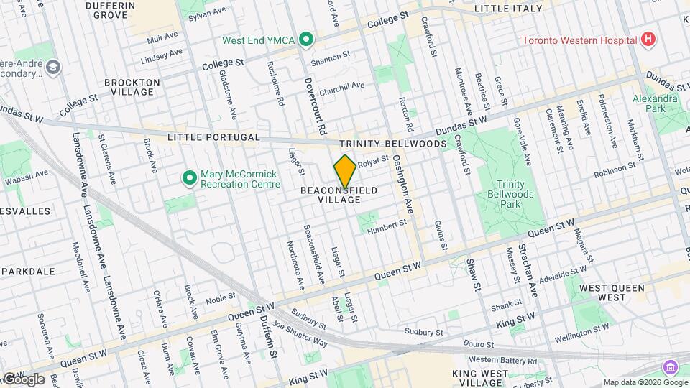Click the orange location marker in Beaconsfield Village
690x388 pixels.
point(345,171)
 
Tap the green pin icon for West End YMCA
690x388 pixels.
point(305,40)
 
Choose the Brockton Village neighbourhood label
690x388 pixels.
point(132,87)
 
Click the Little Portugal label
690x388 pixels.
point(203,137)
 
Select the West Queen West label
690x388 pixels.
point(612,292)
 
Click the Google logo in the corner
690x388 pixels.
point(23,379)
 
